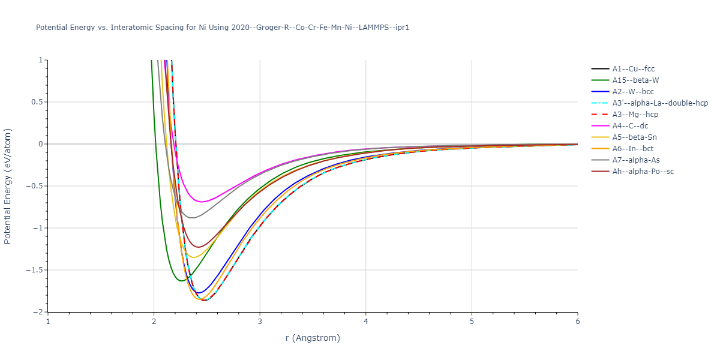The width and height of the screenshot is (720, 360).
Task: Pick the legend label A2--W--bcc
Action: [633, 92]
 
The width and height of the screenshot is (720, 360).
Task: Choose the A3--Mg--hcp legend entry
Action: [635, 115]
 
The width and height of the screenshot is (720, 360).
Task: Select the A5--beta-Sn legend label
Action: [635, 137]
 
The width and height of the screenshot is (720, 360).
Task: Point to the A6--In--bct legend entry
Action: [633, 149]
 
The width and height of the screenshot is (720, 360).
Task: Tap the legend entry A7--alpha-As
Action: [635, 160]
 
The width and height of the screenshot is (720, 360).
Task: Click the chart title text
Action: [223, 28]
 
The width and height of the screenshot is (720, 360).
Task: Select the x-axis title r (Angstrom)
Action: [313, 338]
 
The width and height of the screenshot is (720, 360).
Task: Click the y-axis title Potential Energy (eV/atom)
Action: [8, 186]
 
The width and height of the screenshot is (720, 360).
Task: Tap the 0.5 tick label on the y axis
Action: [37, 102]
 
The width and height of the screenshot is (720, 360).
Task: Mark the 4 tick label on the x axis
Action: [366, 322]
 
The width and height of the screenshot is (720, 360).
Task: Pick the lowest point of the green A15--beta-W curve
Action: [181, 280]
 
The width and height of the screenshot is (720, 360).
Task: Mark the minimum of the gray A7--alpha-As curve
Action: [192, 218]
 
